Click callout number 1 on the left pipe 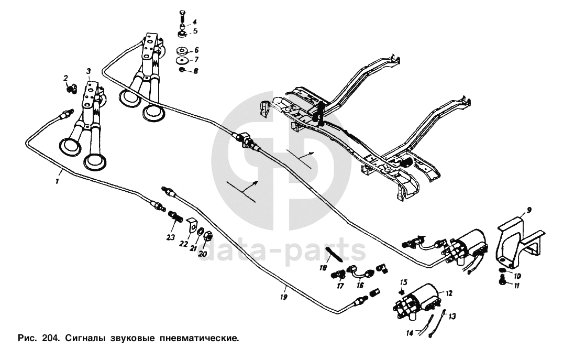click(x=57, y=181)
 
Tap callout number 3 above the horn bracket click(x=89, y=71)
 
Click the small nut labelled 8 click(x=182, y=70)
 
